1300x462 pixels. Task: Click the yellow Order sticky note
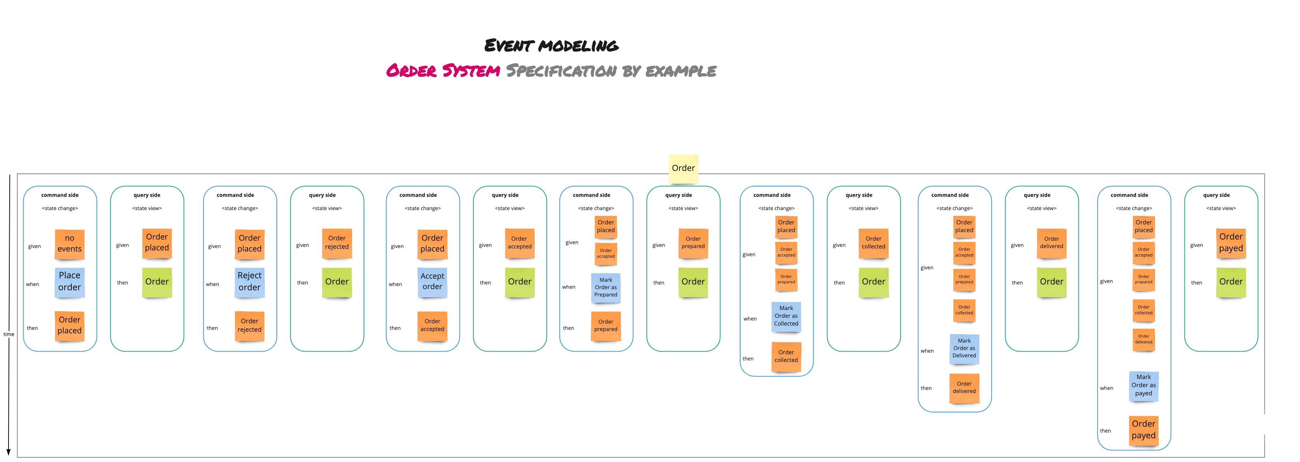(683, 169)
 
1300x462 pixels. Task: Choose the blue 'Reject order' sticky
(249, 281)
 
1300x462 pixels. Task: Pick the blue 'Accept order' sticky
(432, 281)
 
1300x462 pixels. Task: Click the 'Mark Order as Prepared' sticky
(606, 288)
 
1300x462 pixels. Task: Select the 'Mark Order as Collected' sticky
(786, 316)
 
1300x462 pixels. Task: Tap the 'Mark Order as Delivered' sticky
(964, 348)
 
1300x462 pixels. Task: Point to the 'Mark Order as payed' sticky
(1143, 385)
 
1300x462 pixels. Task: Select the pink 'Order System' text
(443, 71)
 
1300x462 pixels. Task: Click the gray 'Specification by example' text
(611, 71)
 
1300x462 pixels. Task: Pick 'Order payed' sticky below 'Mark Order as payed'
(1143, 430)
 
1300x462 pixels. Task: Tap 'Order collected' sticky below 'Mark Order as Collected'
(786, 357)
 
